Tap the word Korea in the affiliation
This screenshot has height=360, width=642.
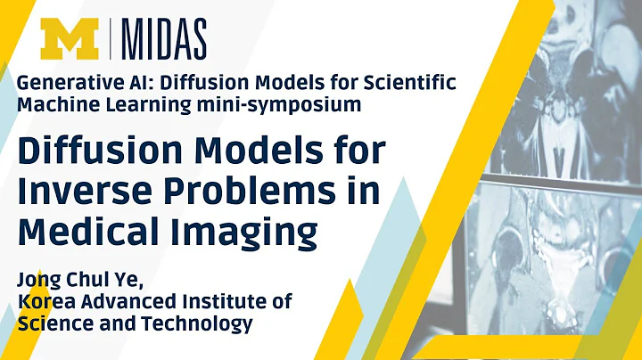(x=44, y=300)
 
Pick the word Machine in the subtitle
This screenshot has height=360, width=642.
(x=54, y=105)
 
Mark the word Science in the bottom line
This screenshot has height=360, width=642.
(x=54, y=323)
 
